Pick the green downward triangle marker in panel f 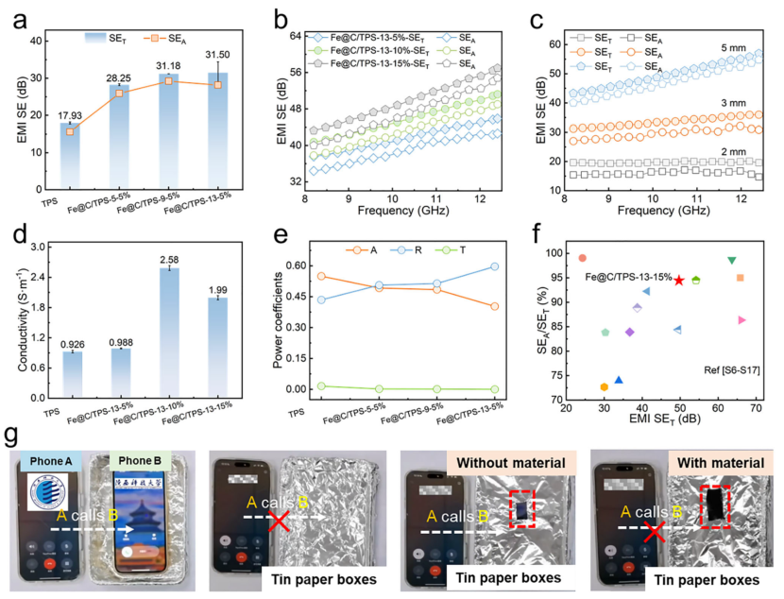pyautogui.click(x=731, y=261)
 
